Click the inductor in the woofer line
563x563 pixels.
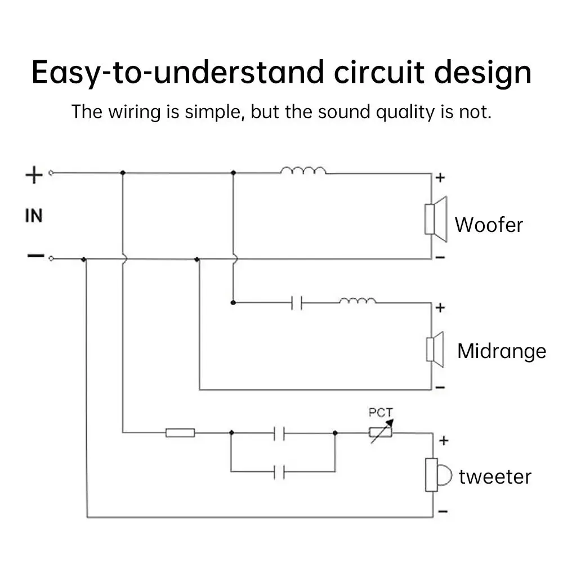coord(303,170)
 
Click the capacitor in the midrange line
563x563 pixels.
coord(297,303)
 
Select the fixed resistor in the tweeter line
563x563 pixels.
coord(180,432)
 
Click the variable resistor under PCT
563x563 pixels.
coord(380,432)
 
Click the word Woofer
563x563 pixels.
coord(489,225)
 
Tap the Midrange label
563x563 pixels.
coord(501,351)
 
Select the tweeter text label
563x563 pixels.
coord(495,477)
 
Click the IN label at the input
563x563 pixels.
coord(34,215)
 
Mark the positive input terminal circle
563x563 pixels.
coord(51,173)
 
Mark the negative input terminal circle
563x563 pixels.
coord(51,258)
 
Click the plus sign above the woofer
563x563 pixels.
coord(440,178)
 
